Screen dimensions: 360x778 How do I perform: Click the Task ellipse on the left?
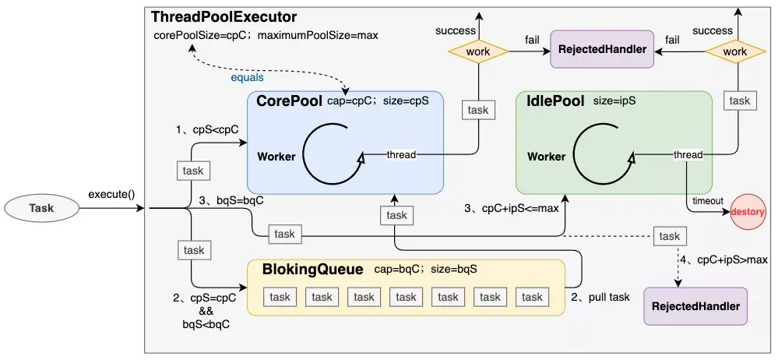[x=40, y=208]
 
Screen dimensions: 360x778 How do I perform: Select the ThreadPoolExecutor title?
[x=224, y=16]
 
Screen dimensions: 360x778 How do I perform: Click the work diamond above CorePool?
[x=477, y=51]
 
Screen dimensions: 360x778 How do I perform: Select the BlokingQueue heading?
[x=313, y=270]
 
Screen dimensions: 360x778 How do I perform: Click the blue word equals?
[x=247, y=78]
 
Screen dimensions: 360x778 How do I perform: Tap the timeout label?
[x=707, y=200]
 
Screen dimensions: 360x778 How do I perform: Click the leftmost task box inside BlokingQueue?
[x=280, y=297]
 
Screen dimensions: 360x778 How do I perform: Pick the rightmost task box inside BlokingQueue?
[x=532, y=297]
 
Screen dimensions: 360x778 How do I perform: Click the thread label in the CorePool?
[x=401, y=154]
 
